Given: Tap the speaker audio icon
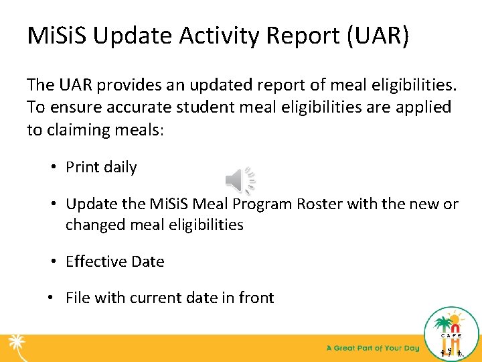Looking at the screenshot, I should pos(239,180).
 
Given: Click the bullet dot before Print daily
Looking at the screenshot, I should pos(53,168).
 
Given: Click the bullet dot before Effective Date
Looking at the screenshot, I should pos(53,261).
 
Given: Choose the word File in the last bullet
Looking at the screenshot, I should pos(78,298).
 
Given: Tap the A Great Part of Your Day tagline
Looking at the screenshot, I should pos(373,348).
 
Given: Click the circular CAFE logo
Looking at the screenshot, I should pos(452,334).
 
